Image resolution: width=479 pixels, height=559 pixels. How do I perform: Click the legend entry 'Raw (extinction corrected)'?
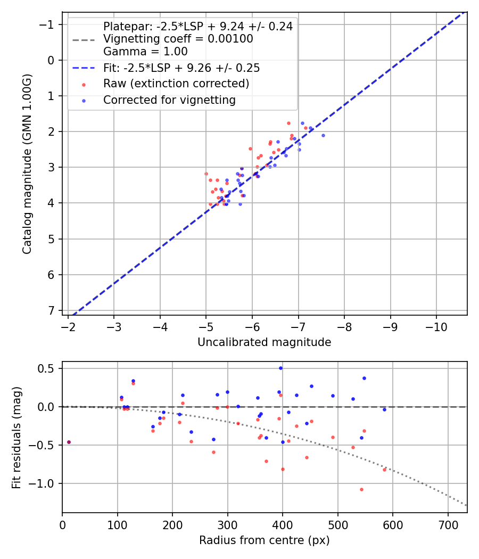(x=176, y=84)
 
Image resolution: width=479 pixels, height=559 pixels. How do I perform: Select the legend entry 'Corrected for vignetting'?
(x=169, y=100)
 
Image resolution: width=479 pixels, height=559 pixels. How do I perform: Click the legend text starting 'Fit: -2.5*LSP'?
(x=181, y=68)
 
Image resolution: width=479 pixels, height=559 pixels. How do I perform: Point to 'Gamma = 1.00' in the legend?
(x=145, y=52)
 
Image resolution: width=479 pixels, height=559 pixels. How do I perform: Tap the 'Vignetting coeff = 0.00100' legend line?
(x=178, y=39)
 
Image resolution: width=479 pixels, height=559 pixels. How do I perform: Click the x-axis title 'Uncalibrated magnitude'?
(x=264, y=342)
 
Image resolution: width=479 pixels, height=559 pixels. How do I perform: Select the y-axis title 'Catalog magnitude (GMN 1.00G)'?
(x=27, y=163)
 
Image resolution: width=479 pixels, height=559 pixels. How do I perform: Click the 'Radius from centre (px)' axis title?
(x=264, y=540)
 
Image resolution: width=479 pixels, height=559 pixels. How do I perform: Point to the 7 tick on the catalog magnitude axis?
(x=52, y=310)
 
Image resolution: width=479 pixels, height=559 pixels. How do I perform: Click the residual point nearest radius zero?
(x=69, y=442)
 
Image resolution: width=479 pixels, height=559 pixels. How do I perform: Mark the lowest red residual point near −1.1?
(x=361, y=489)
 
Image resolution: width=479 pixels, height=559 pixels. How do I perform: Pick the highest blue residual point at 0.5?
(x=280, y=368)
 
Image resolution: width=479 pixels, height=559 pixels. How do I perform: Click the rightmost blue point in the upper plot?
(x=323, y=135)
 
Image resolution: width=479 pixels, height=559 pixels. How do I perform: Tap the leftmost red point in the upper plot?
(x=206, y=174)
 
